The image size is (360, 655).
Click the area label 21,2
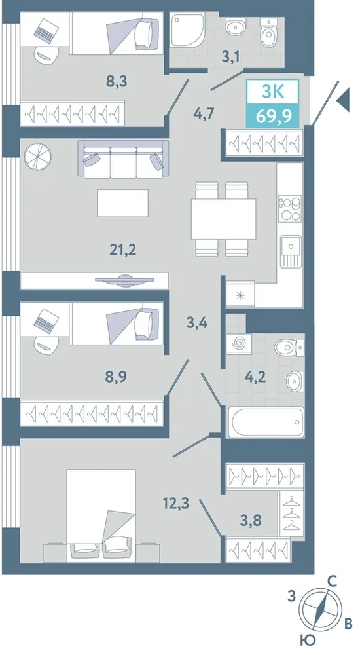coord(123,250)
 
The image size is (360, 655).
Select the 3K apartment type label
coord(273,92)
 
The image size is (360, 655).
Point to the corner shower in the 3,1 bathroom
coord(187,29)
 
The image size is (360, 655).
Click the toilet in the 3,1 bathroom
coord(266,32)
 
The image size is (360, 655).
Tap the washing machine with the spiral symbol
coord(239,344)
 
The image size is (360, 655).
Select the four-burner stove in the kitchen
coord(290,208)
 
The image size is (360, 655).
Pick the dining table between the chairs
coord(223,219)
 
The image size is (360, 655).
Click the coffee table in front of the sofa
coord(123,203)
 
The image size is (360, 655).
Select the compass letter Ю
coord(307,639)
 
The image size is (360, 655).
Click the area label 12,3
coord(177,503)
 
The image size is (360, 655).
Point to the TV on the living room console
coord(124,281)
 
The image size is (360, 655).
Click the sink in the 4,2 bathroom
coord(295,381)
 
